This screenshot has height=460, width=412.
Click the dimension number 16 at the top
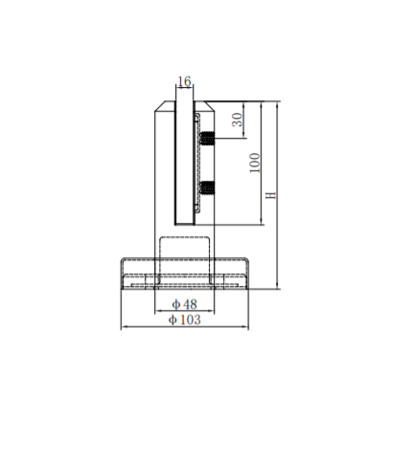tap(185, 83)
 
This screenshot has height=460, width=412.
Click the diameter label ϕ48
tap(184, 303)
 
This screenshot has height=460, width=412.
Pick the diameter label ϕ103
tap(184, 320)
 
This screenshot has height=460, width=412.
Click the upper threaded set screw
tap(206, 139)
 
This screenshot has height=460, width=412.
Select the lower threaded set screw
tap(206, 186)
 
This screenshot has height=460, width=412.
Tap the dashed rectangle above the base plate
tap(184, 248)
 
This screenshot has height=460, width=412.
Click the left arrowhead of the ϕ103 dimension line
tap(124, 327)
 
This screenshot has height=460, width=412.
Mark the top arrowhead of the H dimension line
tap(277, 103)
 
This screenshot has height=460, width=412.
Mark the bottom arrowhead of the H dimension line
tap(277, 286)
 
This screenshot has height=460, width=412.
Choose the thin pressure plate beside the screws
tap(196, 163)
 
